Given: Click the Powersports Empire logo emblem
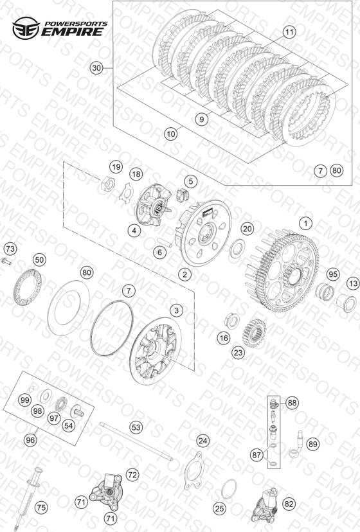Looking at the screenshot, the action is point(26,28).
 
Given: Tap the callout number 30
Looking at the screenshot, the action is point(97,68).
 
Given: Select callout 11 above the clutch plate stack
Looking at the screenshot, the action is point(289,32).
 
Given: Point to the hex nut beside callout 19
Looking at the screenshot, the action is point(107,184).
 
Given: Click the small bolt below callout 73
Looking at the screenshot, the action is point(6,261).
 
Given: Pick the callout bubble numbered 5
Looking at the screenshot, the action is point(191,181).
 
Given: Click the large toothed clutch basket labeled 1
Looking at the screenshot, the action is point(281,270).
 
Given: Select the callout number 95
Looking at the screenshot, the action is point(333,274).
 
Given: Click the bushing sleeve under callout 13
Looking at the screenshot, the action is point(346,303).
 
